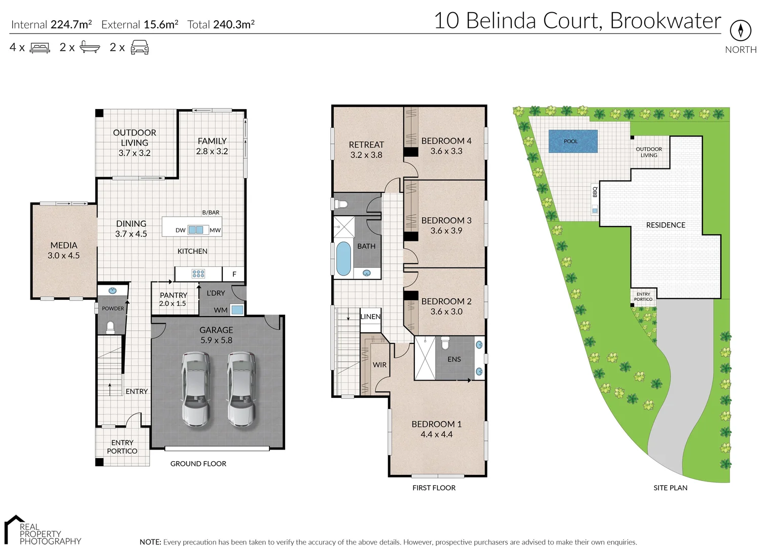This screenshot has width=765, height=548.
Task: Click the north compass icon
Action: pos(740,30)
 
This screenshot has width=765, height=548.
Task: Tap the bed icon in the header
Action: pos(40,48)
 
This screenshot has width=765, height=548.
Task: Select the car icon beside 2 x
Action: pos(140,48)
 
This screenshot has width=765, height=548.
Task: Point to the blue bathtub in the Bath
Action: pos(343,259)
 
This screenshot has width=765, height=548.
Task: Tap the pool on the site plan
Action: pos(573,142)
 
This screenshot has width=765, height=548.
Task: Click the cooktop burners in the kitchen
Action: pos(198,274)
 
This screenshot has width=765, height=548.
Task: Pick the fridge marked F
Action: pos(234,274)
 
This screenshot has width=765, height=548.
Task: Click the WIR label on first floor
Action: pos(379,365)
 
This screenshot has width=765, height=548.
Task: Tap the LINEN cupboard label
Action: pos(370,317)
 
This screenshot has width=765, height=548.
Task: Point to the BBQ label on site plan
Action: pos(595,192)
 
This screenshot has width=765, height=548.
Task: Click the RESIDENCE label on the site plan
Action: pos(666,225)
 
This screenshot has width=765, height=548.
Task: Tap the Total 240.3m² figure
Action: pos(221,24)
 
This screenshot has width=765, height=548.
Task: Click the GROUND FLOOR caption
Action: pos(198,464)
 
